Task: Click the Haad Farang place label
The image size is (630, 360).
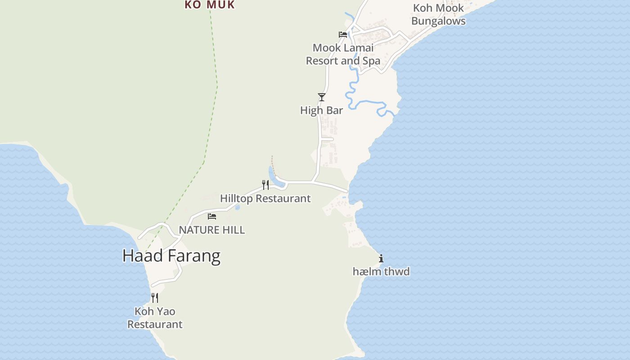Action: click(x=171, y=256)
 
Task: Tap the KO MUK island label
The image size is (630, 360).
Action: click(x=210, y=5)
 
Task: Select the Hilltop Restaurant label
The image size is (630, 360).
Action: click(x=265, y=198)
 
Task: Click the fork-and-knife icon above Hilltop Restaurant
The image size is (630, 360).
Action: click(x=265, y=184)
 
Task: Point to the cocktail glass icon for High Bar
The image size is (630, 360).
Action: click(x=321, y=97)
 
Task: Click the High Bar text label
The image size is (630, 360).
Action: click(x=321, y=110)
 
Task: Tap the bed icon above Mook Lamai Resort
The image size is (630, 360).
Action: click(x=343, y=34)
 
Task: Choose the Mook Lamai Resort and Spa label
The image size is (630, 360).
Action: click(x=343, y=54)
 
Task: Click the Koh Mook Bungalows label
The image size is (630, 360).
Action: click(x=438, y=14)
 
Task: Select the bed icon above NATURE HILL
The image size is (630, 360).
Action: click(x=211, y=216)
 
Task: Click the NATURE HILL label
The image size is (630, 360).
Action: click(x=212, y=230)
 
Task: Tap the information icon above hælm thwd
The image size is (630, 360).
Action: click(x=381, y=258)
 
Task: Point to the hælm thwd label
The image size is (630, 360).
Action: click(x=381, y=271)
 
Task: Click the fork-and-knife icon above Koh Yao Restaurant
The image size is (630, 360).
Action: click(x=155, y=297)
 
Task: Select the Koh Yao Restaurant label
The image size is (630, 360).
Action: click(x=155, y=318)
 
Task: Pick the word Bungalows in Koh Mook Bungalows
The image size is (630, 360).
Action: click(x=438, y=21)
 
